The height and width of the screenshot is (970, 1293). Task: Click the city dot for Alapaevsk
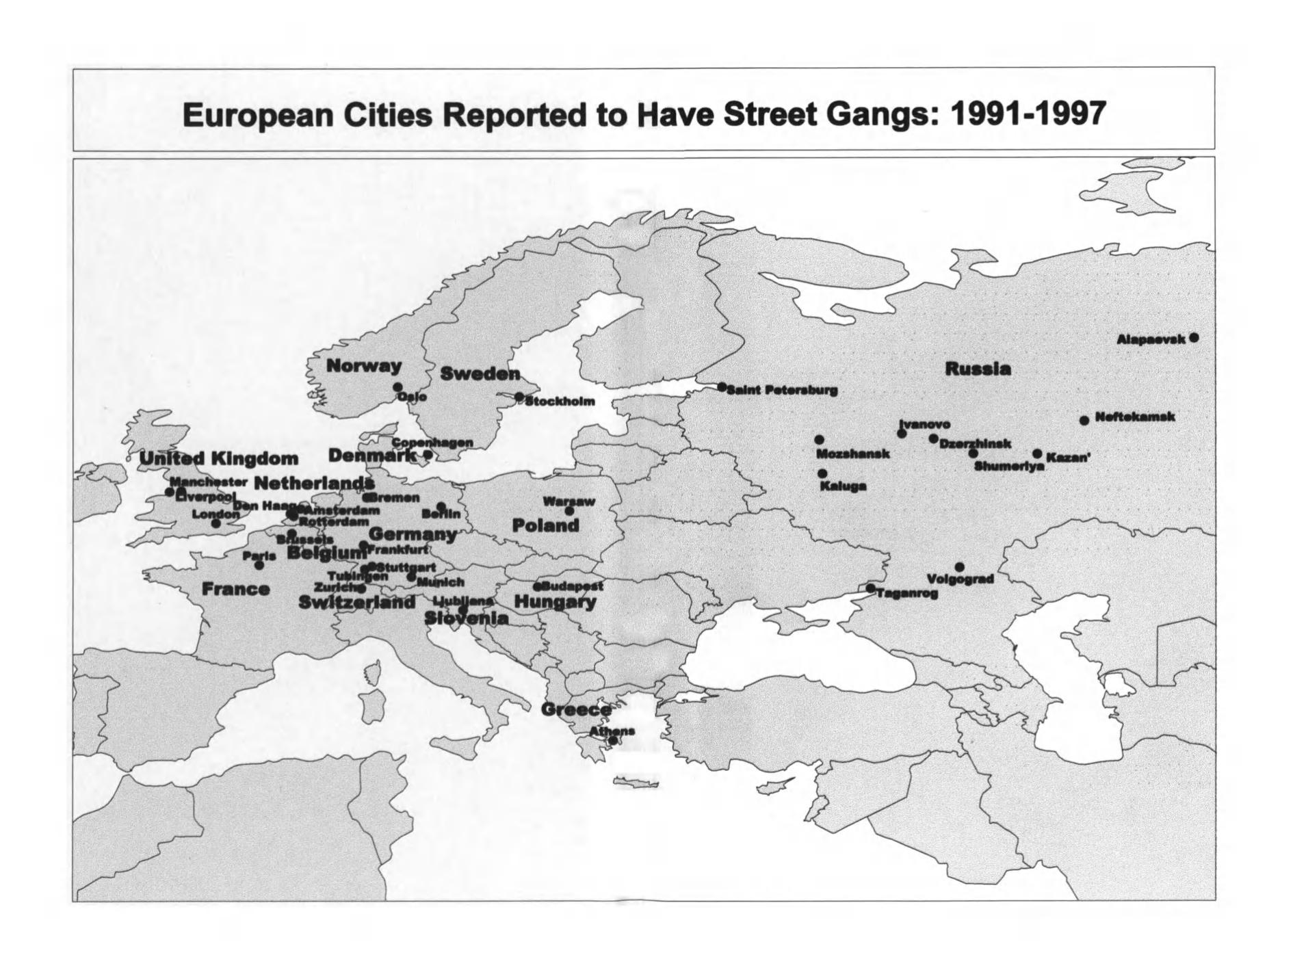1194,338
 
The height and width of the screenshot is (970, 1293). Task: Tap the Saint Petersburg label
782,391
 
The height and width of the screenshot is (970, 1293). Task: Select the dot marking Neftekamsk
1084,420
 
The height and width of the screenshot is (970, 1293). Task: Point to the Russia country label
978,369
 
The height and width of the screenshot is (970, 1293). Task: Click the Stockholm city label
560,402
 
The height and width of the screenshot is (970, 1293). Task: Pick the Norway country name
363,366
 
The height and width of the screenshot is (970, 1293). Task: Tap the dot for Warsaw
569,511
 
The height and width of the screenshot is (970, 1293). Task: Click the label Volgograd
960,579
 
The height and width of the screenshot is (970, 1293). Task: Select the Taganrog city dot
870,588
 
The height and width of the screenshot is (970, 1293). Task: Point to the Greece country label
576,709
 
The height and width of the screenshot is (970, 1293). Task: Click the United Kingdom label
219,458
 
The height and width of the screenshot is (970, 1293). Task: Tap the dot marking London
216,524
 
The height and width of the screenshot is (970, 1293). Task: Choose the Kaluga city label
843,486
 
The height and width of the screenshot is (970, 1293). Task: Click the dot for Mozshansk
819,440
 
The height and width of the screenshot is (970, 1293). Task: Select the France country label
235,589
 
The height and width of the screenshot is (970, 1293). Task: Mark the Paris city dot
259,565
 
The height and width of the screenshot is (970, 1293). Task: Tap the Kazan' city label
1068,457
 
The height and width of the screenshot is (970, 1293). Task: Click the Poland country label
545,526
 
